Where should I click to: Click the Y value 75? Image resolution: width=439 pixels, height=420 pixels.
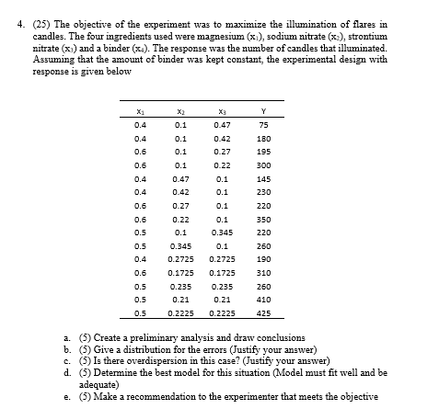click(x=262, y=125)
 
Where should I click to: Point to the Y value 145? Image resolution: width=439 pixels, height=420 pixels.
click(x=264, y=178)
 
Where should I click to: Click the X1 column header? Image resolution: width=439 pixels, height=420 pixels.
click(x=139, y=109)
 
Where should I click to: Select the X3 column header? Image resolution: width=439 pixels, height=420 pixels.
click(x=221, y=109)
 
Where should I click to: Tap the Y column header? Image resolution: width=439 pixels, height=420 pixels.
click(x=263, y=109)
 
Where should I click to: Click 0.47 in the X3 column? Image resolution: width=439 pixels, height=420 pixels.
click(x=221, y=125)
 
